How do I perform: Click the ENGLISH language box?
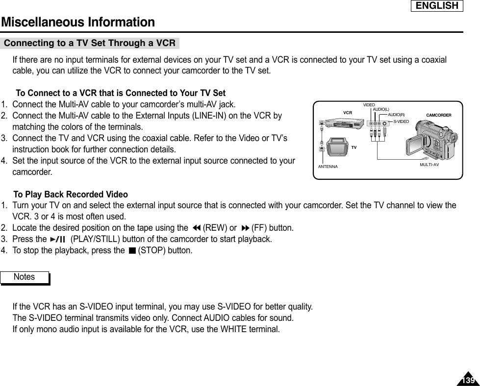coord(437,6)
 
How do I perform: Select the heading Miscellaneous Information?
coord(78,22)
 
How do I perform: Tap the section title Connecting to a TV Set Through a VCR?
coord(90,43)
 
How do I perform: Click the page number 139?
coord(468,380)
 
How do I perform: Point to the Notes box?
coord(25,277)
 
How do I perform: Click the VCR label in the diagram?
coord(348,113)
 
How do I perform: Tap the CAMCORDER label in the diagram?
coord(438,115)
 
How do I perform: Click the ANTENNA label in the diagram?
coord(328,167)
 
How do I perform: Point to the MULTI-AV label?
coord(429,165)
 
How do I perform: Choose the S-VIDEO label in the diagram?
coord(401,120)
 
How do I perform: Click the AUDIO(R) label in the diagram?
coord(396,115)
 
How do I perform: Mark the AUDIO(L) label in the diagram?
coord(381,109)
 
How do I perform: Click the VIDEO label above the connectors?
coord(369,105)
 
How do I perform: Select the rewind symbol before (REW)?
coord(196,228)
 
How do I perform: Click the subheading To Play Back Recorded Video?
coord(71,194)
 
